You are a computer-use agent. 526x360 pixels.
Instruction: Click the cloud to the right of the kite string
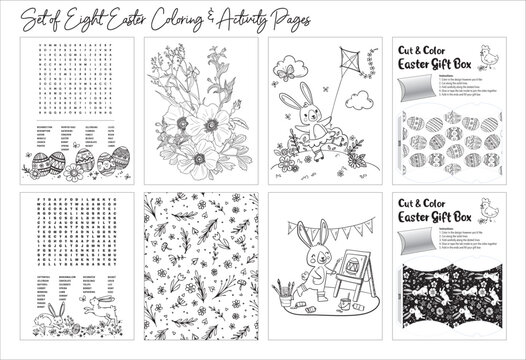coord(372,71)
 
